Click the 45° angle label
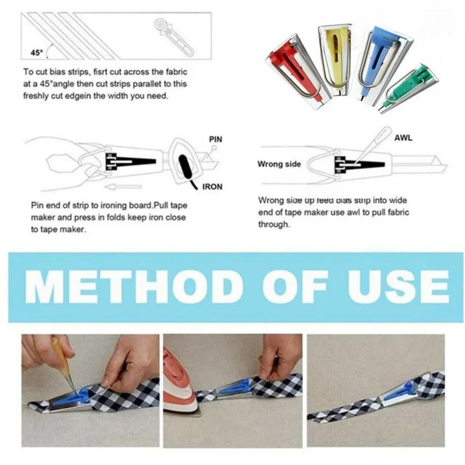[x=37, y=53]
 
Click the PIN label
[x=216, y=139]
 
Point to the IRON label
[x=213, y=187]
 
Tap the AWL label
[x=403, y=138]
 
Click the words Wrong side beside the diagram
[x=279, y=164]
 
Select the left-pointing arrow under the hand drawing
[x=123, y=187]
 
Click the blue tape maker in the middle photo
[x=235, y=388]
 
